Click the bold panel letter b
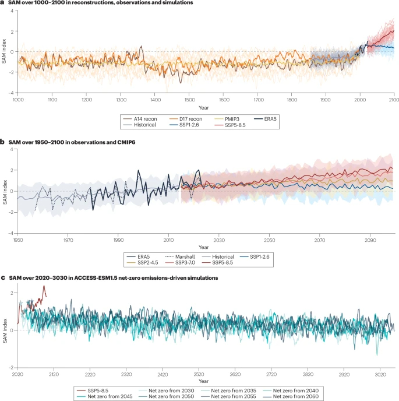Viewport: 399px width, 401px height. click(3, 141)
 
